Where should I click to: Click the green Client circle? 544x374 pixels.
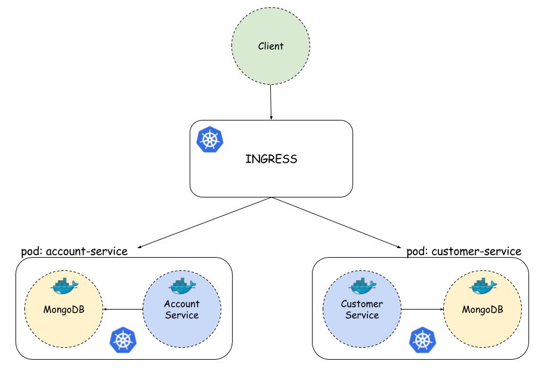[x=271, y=46]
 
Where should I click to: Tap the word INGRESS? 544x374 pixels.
[x=271, y=159]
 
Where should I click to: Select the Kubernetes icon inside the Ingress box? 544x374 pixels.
[x=209, y=140]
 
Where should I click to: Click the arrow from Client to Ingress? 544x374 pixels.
[x=271, y=102]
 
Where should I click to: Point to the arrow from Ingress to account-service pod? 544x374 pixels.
[x=205, y=222]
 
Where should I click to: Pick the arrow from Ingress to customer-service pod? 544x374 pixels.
[x=336, y=222]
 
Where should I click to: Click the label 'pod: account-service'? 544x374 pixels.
[x=74, y=251]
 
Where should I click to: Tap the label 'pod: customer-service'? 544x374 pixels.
[x=464, y=251]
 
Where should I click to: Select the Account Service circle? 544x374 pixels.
[x=182, y=309]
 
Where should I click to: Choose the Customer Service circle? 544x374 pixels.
[x=362, y=309]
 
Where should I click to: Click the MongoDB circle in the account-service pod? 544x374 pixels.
[x=64, y=309]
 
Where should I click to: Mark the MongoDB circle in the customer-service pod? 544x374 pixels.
[x=483, y=309]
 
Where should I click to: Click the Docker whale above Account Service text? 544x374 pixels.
[x=183, y=286]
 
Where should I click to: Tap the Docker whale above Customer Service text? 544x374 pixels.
[x=363, y=286]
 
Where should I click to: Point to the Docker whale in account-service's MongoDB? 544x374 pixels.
[x=64, y=286]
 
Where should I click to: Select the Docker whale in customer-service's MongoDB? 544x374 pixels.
[x=483, y=286]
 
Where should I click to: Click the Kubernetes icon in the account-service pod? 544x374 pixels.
[x=123, y=340]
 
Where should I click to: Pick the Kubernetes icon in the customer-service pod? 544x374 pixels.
[x=422, y=340]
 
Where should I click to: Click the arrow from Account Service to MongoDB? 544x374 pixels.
[x=123, y=309]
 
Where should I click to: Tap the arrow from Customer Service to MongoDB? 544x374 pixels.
[x=422, y=309]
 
